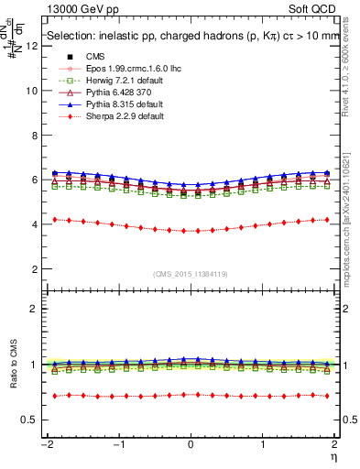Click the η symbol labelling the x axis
[x=333, y=455]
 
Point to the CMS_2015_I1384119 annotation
[x=191, y=274]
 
